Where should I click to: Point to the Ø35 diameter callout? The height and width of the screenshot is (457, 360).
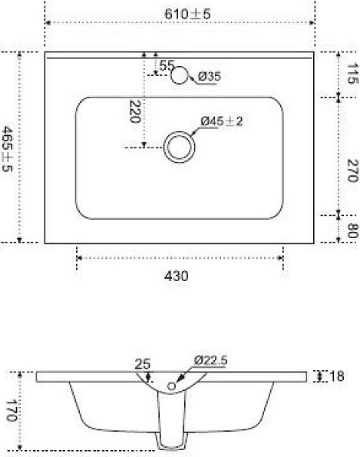coord(210,76)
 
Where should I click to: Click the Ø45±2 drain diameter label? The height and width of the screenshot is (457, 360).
coord(222,121)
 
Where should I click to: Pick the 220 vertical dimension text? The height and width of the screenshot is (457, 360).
coord(136,112)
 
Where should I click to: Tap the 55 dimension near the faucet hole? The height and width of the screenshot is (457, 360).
coord(167,65)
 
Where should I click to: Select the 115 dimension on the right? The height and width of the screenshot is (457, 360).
coord(352,75)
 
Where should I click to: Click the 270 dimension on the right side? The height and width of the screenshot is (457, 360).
coord(352,171)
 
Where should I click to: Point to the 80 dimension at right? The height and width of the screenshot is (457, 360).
coord(352,230)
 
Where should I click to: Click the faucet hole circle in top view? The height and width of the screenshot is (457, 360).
coord(180,75)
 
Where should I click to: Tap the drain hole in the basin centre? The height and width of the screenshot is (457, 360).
coord(179,146)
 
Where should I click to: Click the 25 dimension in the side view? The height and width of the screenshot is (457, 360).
coord(143,365)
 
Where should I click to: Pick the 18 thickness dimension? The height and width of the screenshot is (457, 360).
coord(336,376)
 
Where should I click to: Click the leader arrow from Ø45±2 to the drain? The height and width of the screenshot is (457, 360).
coord(194,131)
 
